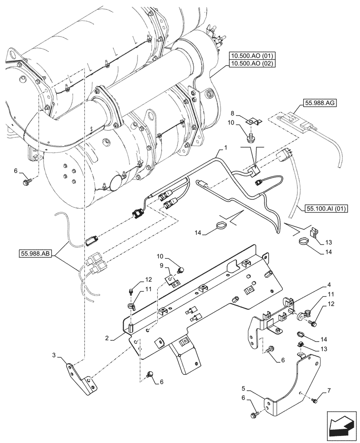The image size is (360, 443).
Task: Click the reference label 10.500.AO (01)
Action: click(252, 56)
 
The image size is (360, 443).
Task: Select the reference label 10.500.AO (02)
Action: click(252, 63)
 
